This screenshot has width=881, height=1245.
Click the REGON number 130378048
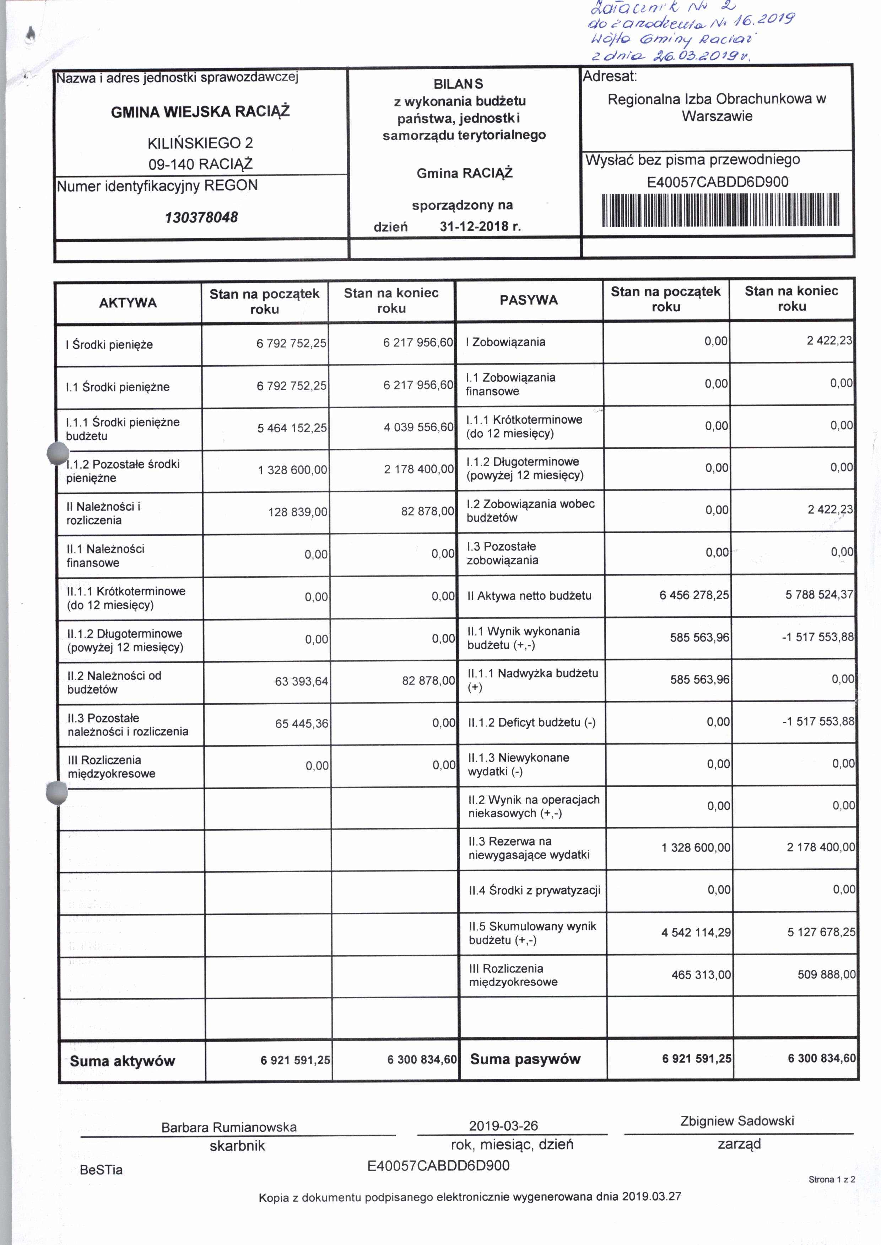click(201, 218)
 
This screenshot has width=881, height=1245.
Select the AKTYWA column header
click(128, 302)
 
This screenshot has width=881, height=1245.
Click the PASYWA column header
click(528, 300)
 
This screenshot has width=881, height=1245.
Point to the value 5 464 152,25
click(292, 428)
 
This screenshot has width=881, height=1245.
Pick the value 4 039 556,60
click(418, 427)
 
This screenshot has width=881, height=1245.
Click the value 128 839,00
click(298, 512)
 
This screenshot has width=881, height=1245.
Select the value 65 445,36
click(302, 723)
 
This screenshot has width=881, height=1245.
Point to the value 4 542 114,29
click(696, 932)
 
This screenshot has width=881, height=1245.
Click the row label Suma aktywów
click(123, 1061)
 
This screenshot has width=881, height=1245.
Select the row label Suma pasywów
click(525, 1059)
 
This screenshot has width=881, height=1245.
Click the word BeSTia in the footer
click(102, 1170)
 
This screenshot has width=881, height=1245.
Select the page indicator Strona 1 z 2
click(832, 1179)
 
